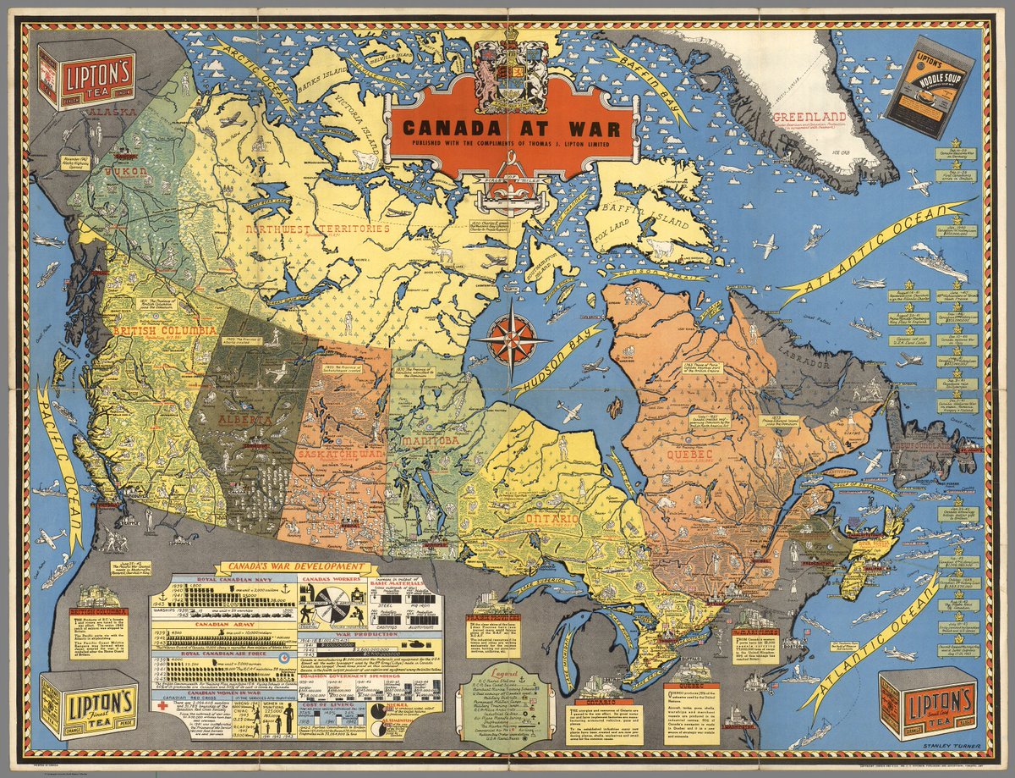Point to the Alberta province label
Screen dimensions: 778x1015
click(x=244, y=421)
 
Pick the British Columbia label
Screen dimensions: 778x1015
click(x=166, y=329)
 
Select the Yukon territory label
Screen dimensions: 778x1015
click(x=125, y=172)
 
